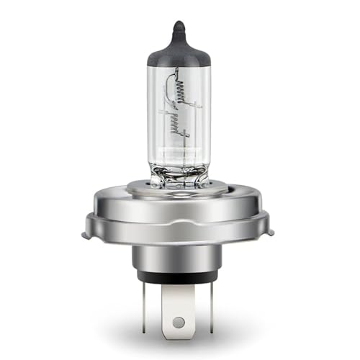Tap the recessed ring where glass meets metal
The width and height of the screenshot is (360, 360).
coord(179,189)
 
